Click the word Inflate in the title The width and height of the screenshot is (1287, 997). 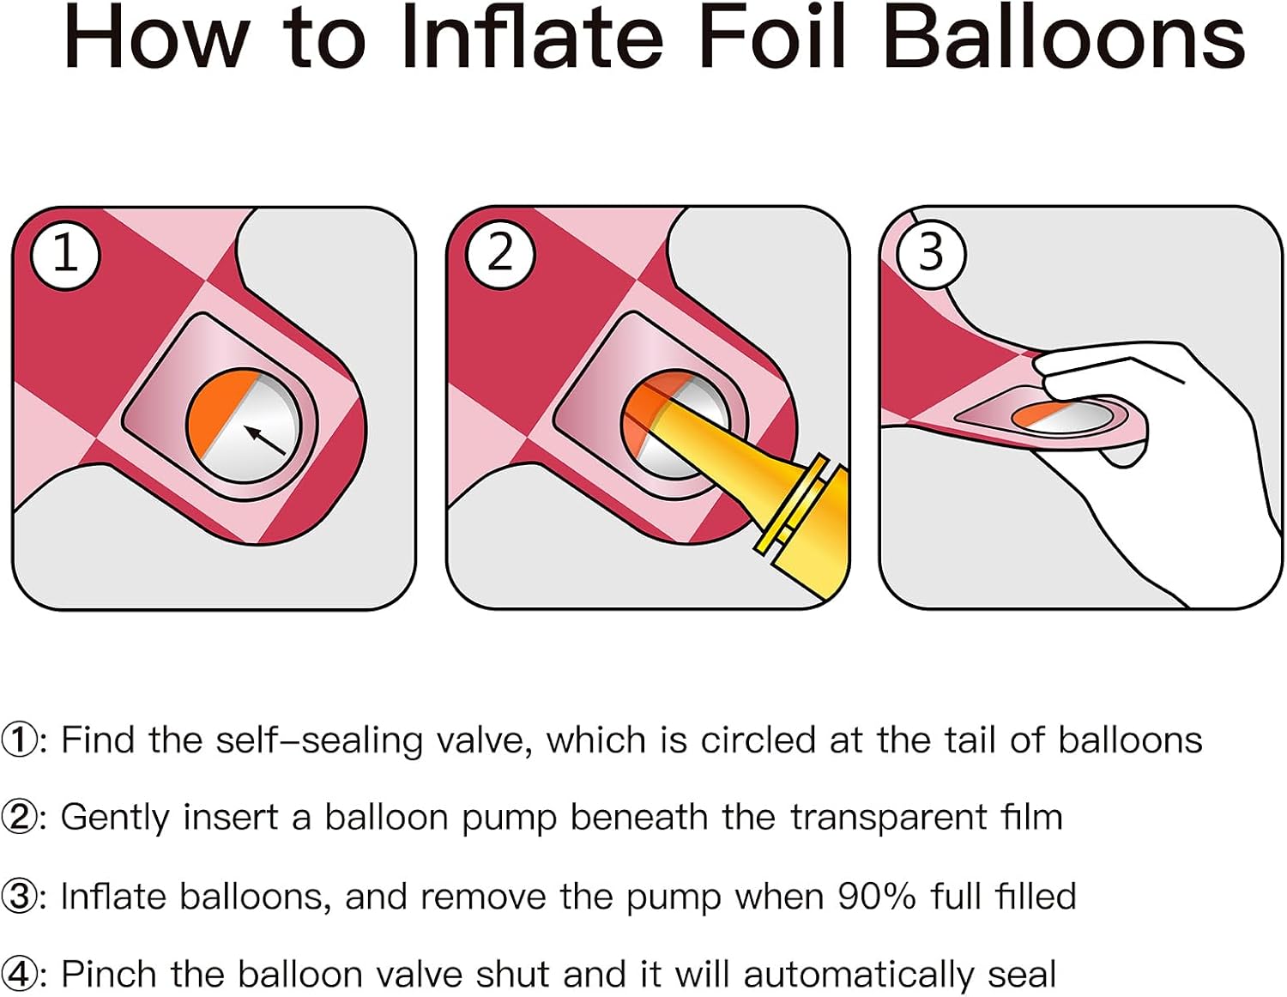click(533, 37)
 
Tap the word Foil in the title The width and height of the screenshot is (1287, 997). click(774, 37)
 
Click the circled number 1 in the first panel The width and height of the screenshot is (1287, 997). click(66, 255)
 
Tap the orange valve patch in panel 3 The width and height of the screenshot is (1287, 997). click(1037, 414)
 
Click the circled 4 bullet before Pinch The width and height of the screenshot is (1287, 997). click(18, 975)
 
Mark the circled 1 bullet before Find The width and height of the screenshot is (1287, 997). click(18, 740)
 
